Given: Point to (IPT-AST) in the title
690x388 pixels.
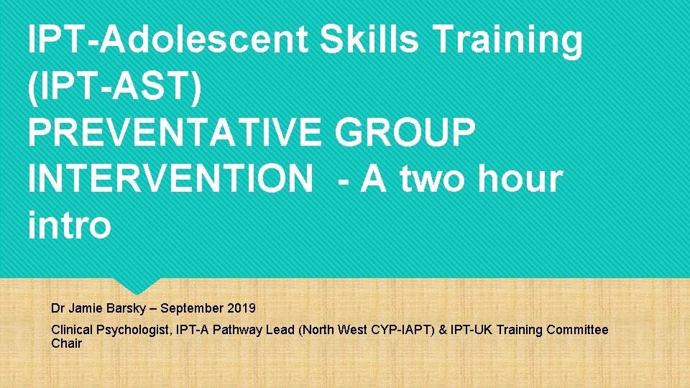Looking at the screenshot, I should tap(115, 86).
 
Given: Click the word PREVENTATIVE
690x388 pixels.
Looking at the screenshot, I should tap(172, 132).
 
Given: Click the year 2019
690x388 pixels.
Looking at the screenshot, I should tap(241, 308).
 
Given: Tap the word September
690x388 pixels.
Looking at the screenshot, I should tap(192, 308).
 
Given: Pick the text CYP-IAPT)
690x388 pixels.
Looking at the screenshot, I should tap(408, 330).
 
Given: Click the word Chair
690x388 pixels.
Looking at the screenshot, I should tap(66, 343).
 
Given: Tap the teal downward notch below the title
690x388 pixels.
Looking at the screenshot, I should tap(137, 285).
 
